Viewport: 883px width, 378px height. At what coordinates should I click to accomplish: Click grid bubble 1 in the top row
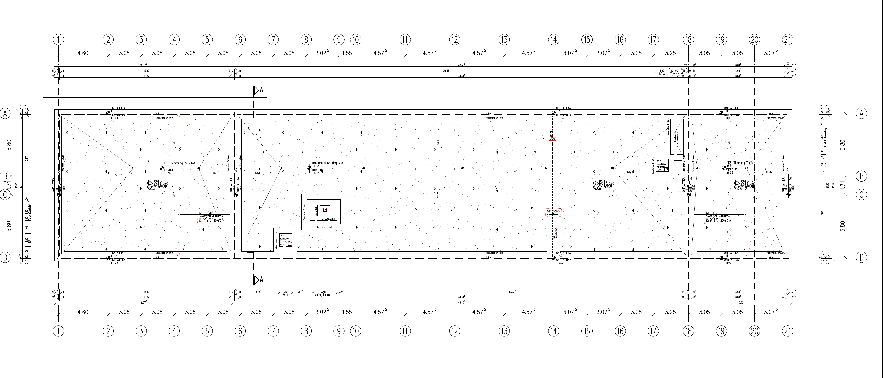click(x=59, y=40)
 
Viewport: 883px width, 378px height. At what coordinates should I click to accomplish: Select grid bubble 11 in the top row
click(x=405, y=40)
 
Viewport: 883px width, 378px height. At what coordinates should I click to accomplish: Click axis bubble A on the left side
click(x=5, y=113)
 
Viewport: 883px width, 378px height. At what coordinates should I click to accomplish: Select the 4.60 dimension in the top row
click(x=83, y=53)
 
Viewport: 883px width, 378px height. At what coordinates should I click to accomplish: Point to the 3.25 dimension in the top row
click(x=670, y=53)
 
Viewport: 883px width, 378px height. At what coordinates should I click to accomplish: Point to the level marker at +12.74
click(x=309, y=168)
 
